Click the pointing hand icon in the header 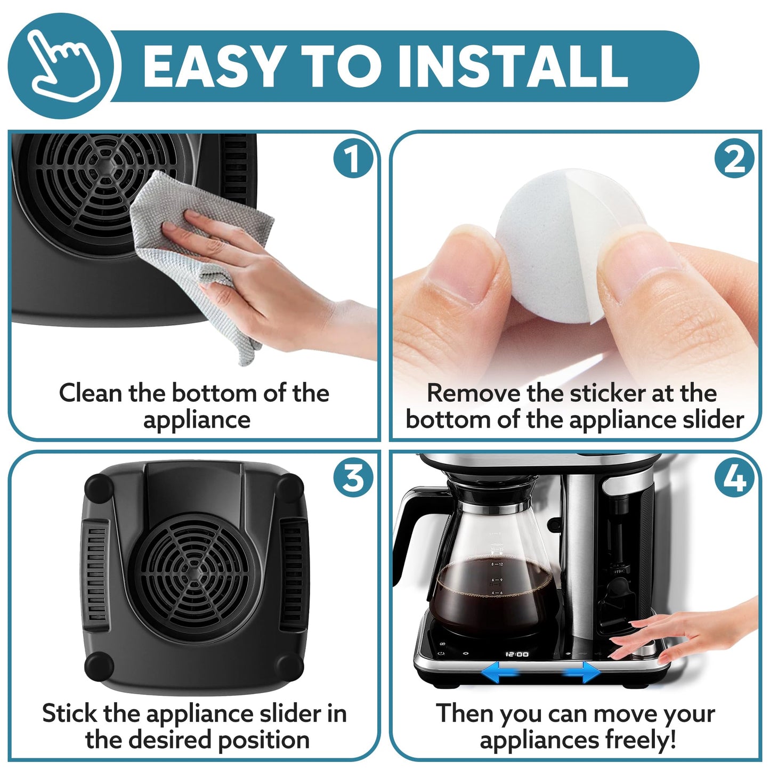click(x=62, y=65)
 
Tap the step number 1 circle click(x=353, y=159)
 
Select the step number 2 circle click(x=734, y=159)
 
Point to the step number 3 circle click(x=353, y=478)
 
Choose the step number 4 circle click(x=734, y=478)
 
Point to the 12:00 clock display click(x=517, y=654)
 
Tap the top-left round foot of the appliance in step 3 click(x=99, y=487)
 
